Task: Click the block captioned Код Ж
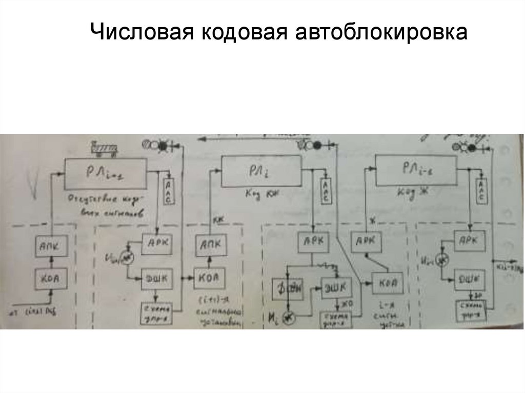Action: (x=415, y=170)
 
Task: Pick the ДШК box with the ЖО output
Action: (x=335, y=286)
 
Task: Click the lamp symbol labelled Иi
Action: (x=290, y=319)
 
